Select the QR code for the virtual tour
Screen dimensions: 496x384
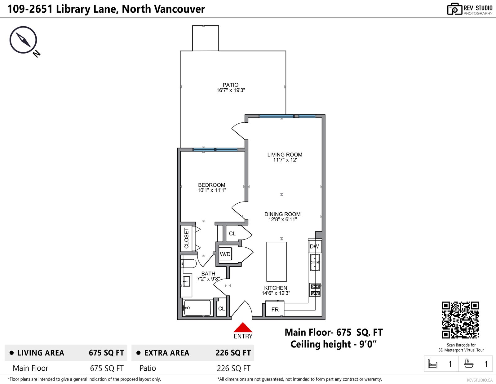[460, 320]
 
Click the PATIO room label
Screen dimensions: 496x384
[231, 85]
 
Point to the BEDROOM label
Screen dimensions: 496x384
[212, 185]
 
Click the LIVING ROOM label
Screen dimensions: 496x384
[285, 154]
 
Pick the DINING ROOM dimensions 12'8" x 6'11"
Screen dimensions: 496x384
[283, 219]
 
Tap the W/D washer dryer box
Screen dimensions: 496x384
[225, 254]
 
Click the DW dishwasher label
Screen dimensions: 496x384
[314, 246]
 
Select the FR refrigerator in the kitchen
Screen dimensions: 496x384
[275, 309]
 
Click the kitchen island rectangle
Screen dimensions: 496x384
[277, 262]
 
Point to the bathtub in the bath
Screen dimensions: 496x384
[197, 308]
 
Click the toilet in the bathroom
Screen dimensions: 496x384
[189, 263]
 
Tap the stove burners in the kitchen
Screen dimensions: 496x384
[315, 290]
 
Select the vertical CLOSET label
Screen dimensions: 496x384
[187, 238]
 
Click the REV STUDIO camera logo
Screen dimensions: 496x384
[454, 9]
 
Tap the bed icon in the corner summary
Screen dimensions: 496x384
[432, 364]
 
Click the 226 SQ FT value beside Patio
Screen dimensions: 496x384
[233, 368]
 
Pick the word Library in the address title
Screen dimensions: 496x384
[71, 9]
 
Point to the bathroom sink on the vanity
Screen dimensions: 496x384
[187, 281]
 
